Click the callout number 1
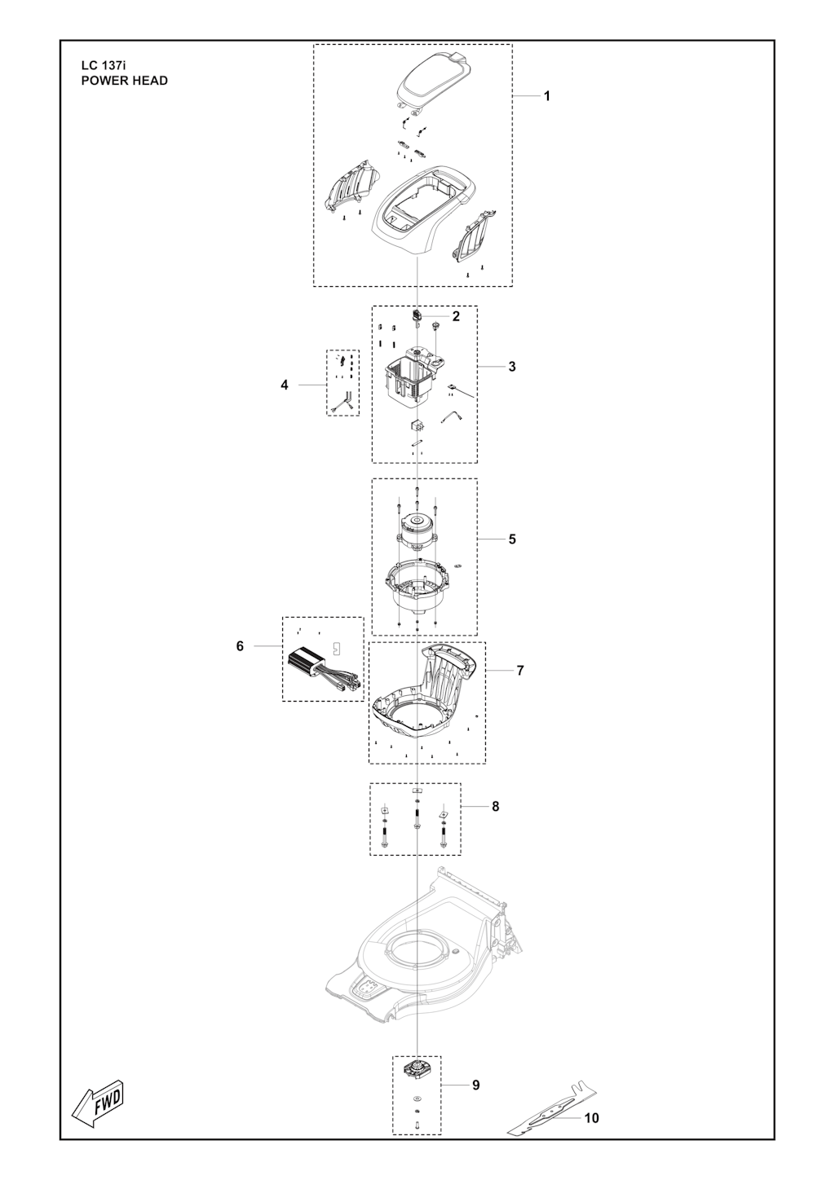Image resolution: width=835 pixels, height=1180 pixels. click(546, 96)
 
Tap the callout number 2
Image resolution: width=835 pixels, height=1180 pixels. click(456, 316)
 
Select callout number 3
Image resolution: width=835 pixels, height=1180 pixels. click(512, 367)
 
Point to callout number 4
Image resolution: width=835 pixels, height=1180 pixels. click(285, 385)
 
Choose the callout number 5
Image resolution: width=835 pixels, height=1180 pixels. click(512, 539)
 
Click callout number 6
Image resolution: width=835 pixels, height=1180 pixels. click(240, 646)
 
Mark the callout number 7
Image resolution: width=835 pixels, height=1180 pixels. click(520, 671)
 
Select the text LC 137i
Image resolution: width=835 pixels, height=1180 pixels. click(104, 66)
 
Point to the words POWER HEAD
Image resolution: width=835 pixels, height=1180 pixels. click(125, 81)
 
